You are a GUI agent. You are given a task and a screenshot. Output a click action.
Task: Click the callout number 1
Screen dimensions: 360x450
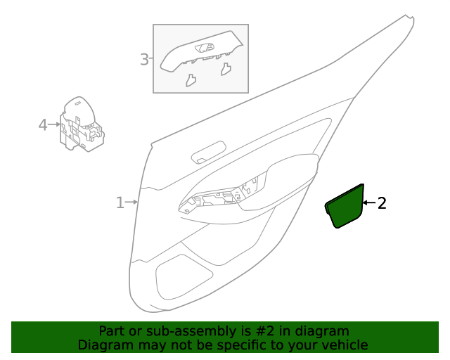[120, 203]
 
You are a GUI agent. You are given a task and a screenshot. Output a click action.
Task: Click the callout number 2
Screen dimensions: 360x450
[382, 204]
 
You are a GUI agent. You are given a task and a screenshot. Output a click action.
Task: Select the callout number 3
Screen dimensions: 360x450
[144, 60]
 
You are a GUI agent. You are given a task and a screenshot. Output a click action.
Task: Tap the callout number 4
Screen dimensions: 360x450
[42, 125]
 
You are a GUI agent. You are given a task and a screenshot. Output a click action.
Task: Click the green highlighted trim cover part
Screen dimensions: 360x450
[345, 207]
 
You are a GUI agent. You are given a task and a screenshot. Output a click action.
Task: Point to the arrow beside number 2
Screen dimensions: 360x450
[368, 203]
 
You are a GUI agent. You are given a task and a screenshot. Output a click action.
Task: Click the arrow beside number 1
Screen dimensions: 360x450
[131, 202]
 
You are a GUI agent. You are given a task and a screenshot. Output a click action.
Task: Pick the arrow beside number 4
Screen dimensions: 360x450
[54, 124]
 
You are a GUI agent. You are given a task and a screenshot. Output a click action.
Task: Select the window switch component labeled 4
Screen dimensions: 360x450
[80, 125]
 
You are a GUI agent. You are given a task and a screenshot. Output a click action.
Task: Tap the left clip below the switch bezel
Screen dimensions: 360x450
[191, 80]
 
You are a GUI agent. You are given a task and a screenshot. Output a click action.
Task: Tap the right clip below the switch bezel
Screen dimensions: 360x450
[226, 69]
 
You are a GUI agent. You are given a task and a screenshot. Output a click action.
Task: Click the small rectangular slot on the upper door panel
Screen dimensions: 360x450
[209, 153]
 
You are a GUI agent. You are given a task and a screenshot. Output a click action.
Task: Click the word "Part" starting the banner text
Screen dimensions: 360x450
[111, 331]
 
